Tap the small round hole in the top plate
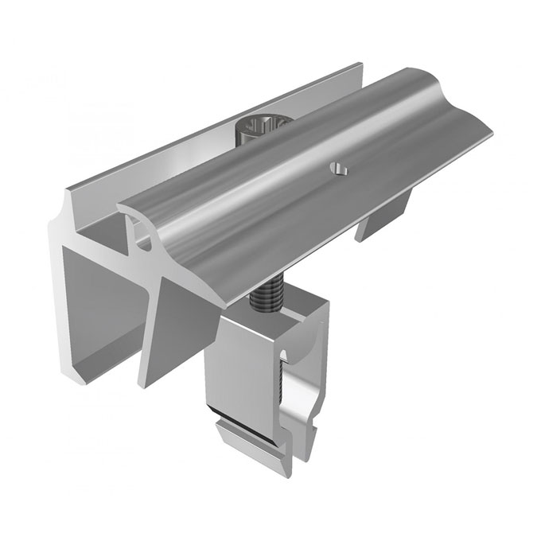pos(337,169)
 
